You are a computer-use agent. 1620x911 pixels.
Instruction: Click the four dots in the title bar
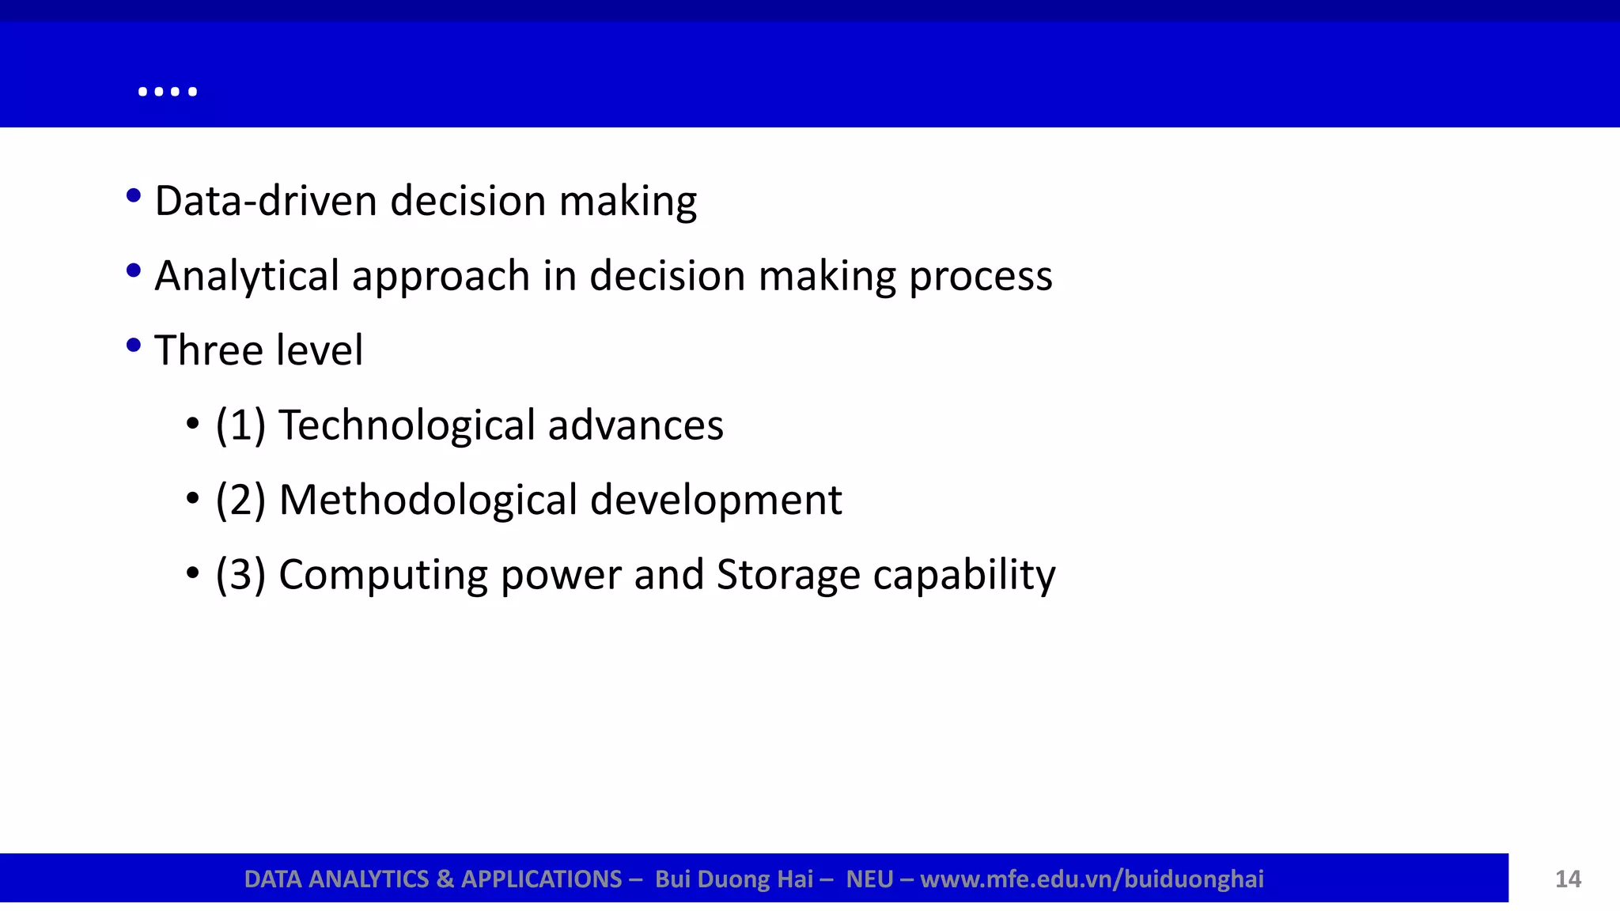(167, 92)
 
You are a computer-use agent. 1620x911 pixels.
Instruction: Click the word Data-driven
(265, 201)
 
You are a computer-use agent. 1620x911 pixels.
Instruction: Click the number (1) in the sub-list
(240, 425)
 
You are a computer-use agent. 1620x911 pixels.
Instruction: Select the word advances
(635, 425)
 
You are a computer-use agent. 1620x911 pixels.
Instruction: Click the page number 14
(1568, 879)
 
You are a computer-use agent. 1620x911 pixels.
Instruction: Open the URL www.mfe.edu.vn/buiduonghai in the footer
(1092, 879)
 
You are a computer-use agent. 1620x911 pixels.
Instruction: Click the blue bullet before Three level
(134, 346)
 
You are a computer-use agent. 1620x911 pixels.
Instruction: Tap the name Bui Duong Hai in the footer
(734, 879)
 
